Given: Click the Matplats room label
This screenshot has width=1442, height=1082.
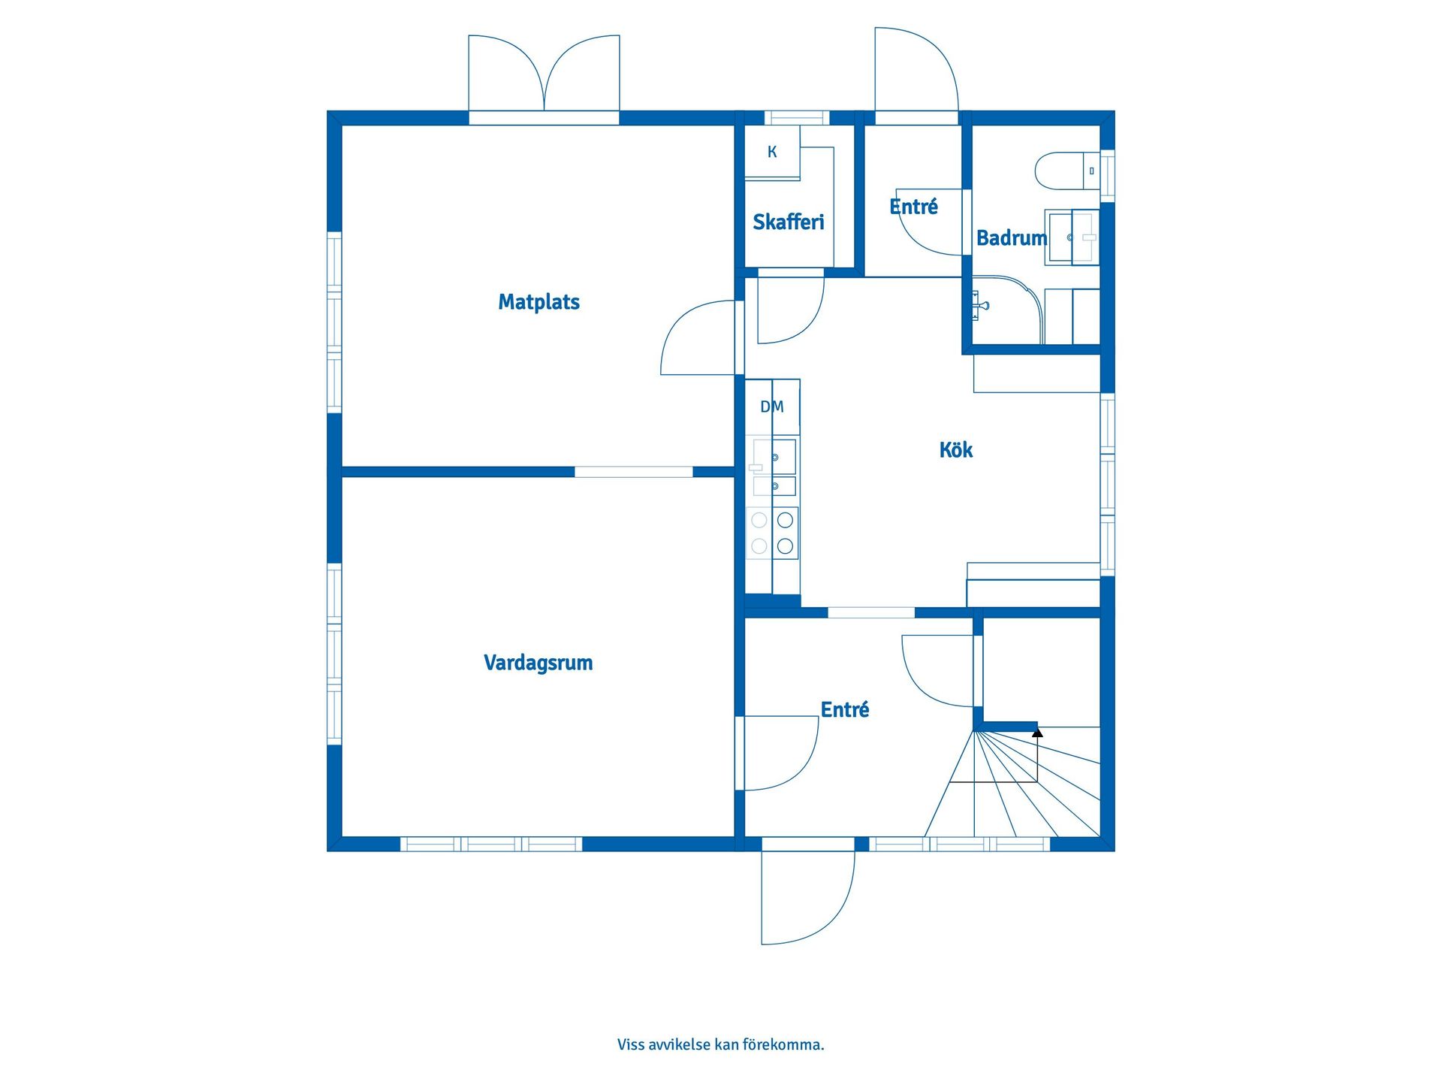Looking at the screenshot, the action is tap(538, 302).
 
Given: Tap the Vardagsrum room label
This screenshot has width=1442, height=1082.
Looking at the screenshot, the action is tap(538, 663).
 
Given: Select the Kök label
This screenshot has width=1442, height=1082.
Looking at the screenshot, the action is tap(955, 449).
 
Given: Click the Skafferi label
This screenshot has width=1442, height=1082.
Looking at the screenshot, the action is tap(788, 222).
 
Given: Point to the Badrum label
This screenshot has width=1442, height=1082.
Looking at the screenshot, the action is tap(1011, 238).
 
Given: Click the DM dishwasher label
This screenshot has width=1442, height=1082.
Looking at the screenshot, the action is tap(772, 407).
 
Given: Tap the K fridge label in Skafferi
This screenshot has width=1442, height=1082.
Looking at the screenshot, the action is tap(772, 152).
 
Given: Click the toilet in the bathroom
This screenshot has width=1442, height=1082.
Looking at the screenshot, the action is tap(1067, 171).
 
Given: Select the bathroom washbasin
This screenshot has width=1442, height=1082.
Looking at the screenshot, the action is tap(1072, 237).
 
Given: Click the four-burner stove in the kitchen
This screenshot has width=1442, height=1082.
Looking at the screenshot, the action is tap(772, 532).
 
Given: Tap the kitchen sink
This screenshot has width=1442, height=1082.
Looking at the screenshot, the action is tap(774, 467).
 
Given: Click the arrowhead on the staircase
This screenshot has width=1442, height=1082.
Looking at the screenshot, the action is tap(1037, 730).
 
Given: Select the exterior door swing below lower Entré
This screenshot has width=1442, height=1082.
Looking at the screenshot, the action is tap(808, 897).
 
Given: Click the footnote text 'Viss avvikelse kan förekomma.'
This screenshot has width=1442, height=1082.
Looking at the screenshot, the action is tap(720, 1044).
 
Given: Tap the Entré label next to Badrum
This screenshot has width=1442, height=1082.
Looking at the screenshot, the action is tap(913, 207).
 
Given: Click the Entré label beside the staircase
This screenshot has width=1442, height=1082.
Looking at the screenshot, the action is tap(844, 710).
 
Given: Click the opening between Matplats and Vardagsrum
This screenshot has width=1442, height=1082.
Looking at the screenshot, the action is tap(633, 472).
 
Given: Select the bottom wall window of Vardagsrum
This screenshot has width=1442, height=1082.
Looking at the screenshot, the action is tap(491, 844).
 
